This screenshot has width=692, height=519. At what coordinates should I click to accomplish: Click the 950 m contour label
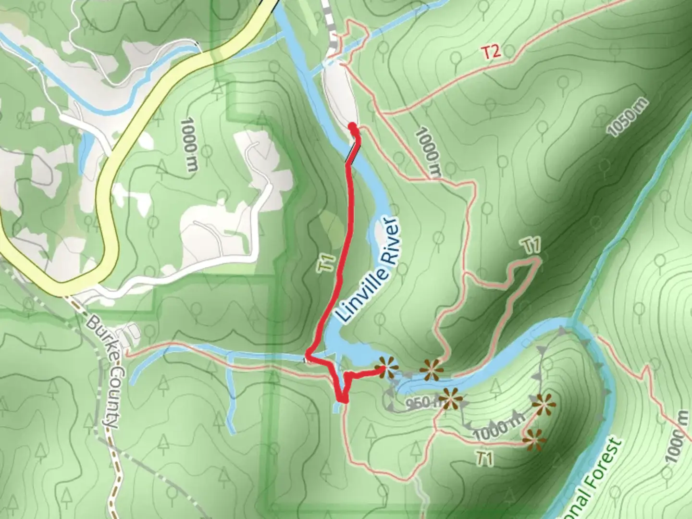pyautogui.click(x=420, y=403)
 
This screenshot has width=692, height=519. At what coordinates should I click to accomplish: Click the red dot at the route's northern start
pyautogui.click(x=353, y=126)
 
